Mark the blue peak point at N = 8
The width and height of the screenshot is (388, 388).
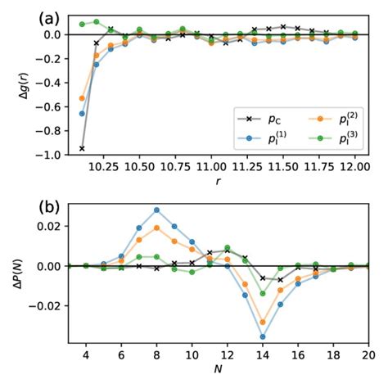tap(156, 210)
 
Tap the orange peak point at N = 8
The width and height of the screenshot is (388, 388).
tap(156, 228)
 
